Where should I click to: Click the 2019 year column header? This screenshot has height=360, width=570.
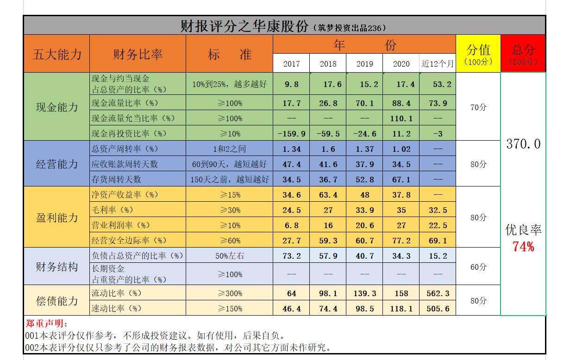pos(364,64)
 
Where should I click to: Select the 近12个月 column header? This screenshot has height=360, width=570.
pos(437,64)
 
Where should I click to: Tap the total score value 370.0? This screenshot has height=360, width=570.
pos(523,144)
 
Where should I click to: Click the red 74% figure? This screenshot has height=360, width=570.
pos(523,247)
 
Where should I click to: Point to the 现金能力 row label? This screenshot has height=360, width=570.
pos(56,107)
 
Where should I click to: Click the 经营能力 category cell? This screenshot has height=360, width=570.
pos(56,164)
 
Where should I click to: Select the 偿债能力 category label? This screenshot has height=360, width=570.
pos(56,301)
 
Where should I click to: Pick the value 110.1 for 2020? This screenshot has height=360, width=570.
pos(401,118)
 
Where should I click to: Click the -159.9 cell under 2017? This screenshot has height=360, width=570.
pos(291,134)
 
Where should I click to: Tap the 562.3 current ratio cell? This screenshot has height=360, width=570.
pos(438,293)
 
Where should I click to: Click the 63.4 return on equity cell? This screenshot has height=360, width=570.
pos(328,195)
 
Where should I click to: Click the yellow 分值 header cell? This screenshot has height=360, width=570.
pos(478,54)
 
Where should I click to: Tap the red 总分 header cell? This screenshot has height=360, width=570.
pos(523,54)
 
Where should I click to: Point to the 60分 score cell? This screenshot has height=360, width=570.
pos(478,267)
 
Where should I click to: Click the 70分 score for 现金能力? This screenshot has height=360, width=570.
pos(478,107)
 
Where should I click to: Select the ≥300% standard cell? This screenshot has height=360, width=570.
pos(230,293)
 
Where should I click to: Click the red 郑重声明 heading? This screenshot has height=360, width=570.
pos(46,323)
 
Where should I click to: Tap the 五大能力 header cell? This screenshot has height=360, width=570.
pos(56,54)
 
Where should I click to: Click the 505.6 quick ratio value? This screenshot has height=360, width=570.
pos(438,309)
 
